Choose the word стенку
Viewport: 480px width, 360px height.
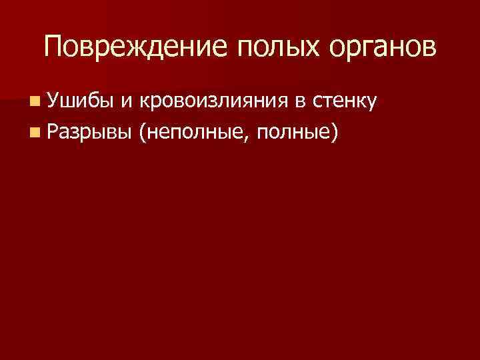pyautogui.click(x=344, y=102)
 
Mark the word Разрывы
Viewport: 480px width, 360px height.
pyautogui.click(x=89, y=133)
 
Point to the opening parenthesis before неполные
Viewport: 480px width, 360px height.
pyautogui.click(x=143, y=133)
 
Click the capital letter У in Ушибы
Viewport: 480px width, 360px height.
pyautogui.click(x=55, y=101)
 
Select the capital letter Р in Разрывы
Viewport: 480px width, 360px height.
pyautogui.click(x=53, y=133)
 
